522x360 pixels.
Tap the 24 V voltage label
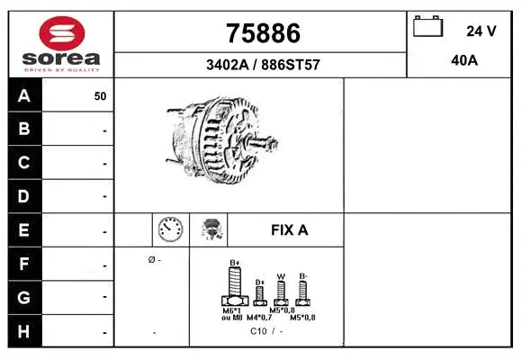pyautogui.click(x=481, y=31)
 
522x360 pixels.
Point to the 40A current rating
pyautogui.click(x=463, y=61)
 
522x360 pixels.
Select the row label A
pyautogui.click(x=24, y=95)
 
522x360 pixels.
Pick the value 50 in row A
pyautogui.click(x=100, y=95)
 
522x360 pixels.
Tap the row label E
pyautogui.click(x=24, y=230)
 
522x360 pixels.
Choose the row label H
pyautogui.click(x=24, y=331)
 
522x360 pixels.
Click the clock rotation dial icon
pyautogui.click(x=170, y=229)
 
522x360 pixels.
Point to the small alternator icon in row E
pyautogui.click(x=212, y=229)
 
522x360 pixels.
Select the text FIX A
pyautogui.click(x=289, y=230)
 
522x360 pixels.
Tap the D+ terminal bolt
pyautogui.click(x=259, y=293)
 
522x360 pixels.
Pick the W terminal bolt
pyautogui.click(x=281, y=292)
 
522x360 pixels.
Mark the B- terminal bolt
pyautogui.click(x=303, y=291)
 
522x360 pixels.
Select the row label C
pyautogui.click(x=24, y=163)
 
